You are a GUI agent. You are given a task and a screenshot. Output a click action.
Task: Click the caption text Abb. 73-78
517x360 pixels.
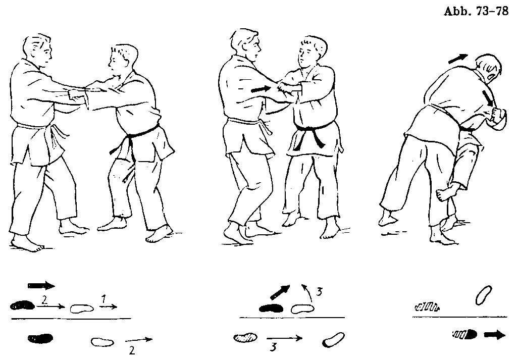476,12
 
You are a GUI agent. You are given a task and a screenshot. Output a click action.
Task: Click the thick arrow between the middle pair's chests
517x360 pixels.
261,89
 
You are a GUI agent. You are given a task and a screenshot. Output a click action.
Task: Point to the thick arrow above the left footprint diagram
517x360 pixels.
41,285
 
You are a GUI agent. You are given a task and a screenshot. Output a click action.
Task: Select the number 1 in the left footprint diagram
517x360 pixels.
104,299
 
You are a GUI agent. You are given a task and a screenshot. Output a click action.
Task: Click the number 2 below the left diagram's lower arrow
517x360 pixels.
132,350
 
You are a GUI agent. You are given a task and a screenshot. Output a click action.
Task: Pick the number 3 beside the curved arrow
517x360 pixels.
319,292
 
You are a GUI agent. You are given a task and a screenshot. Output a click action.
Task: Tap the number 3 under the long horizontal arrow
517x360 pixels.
273,347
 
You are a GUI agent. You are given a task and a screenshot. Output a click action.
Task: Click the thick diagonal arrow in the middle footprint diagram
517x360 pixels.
280,292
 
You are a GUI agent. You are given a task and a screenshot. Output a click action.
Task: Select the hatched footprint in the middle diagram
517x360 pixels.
246,338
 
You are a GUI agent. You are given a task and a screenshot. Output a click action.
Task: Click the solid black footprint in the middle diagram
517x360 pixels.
271,308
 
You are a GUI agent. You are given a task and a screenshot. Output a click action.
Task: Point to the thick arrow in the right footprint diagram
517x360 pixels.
495,335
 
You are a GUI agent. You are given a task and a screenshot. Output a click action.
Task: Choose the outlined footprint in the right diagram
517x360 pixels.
484,295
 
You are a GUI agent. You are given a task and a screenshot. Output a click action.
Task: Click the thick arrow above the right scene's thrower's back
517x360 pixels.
457,59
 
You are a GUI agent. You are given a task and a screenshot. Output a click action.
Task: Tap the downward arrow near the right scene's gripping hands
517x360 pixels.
488,99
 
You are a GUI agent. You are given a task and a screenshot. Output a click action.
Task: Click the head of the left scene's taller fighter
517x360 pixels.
38,49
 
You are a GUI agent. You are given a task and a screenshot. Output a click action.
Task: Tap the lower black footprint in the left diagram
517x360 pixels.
40,338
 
